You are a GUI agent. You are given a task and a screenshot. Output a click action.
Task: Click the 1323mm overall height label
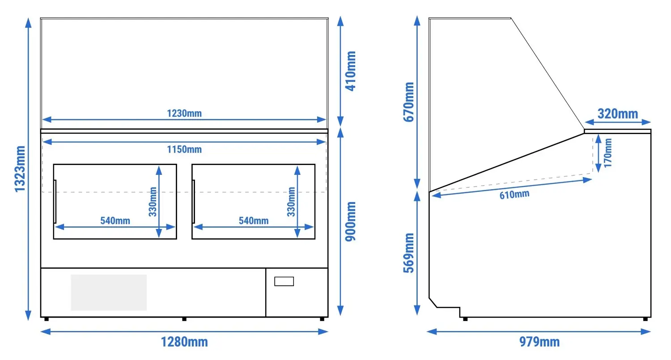[20, 169]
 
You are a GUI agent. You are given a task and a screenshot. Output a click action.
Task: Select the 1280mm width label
[184, 342]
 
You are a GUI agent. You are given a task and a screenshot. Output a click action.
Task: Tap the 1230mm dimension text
[184, 113]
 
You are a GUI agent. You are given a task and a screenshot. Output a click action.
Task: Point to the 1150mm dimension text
[184, 149]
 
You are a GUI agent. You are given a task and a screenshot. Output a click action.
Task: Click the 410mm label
[350, 71]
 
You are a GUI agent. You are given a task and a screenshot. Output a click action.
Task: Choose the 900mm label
[350, 221]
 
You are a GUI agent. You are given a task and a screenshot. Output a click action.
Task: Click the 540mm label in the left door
[115, 221]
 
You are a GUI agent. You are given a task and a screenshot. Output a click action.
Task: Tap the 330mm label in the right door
[291, 202]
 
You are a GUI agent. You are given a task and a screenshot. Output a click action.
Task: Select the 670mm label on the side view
[408, 102]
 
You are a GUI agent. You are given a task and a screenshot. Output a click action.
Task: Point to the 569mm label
[408, 253]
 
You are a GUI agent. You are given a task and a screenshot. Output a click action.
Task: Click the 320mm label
[618, 114]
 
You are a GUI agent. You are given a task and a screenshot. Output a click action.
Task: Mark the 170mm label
[607, 153]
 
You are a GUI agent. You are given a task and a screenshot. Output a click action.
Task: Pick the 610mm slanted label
[514, 195]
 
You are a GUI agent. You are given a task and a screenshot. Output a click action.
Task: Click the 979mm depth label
[539, 342]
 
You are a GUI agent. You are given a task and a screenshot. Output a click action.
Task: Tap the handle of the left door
[55, 202]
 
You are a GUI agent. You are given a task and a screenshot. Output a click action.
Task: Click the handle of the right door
[194, 202]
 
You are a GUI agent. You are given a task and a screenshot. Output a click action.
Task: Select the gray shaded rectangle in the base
[109, 292]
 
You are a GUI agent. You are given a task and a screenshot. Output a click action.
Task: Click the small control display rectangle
[284, 282]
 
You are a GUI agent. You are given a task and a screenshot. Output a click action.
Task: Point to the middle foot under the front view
[184, 319]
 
